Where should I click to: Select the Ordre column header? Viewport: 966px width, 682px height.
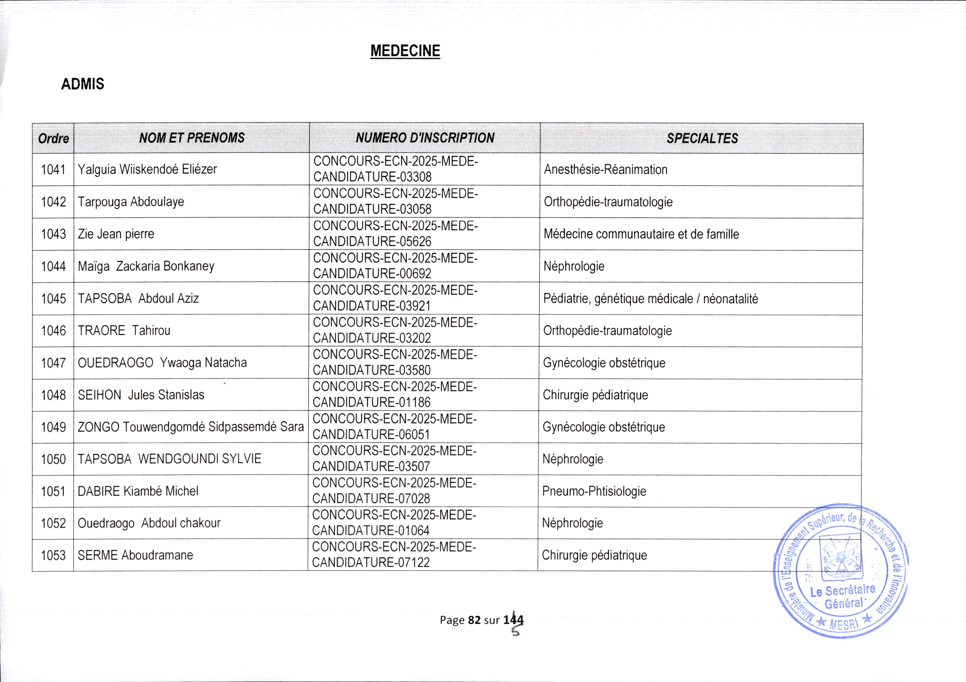click(x=53, y=138)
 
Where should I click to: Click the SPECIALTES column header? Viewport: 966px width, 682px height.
click(x=702, y=138)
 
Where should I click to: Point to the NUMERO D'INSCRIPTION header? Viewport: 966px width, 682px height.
click(x=425, y=138)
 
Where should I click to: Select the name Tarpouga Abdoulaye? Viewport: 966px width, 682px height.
click(x=131, y=202)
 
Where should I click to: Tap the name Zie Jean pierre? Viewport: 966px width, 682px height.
click(x=116, y=234)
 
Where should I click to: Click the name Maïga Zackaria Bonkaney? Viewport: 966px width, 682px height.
click(x=146, y=266)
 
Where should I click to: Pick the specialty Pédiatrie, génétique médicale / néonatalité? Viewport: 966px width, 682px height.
click(x=650, y=299)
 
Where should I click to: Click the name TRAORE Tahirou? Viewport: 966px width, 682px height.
click(x=124, y=331)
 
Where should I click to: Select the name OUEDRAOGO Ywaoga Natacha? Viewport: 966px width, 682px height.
click(x=162, y=363)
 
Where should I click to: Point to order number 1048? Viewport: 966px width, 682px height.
click(x=53, y=395)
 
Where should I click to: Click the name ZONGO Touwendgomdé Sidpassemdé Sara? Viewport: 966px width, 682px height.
click(x=190, y=427)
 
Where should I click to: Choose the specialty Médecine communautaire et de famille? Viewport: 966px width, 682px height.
click(x=641, y=234)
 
